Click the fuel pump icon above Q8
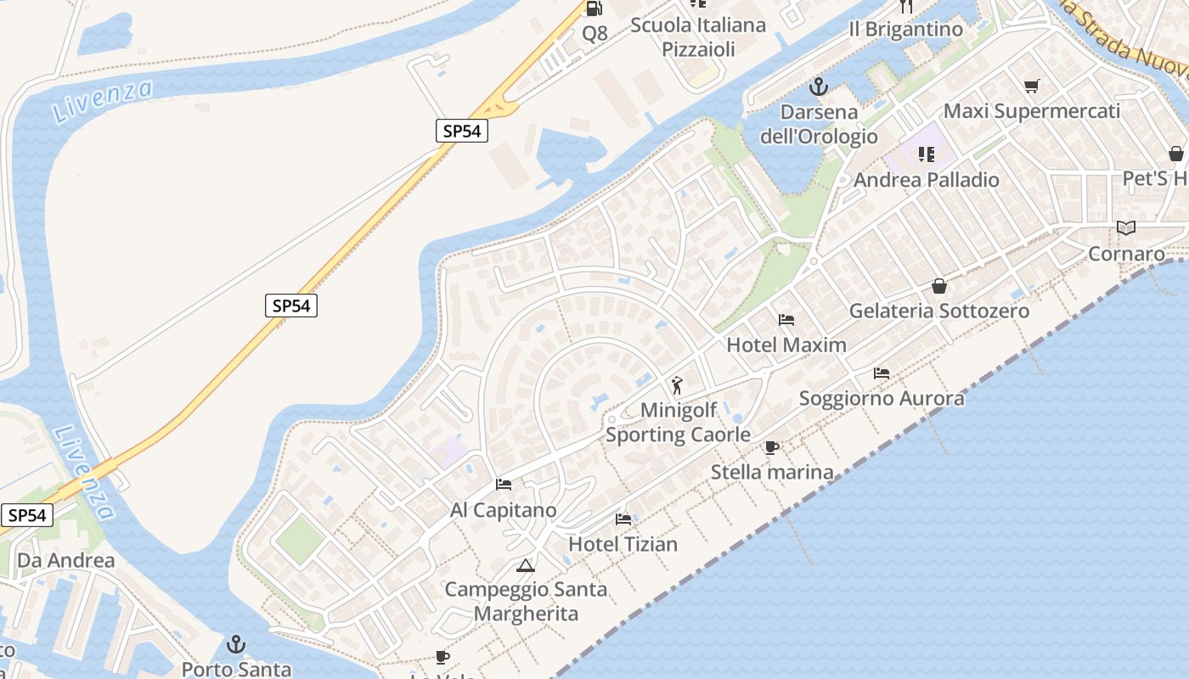pos(594,8)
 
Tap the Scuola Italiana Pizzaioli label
pos(698,37)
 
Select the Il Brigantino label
pos(906,30)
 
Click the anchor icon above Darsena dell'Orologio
pos(819,86)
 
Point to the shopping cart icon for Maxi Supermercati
pos(1032,86)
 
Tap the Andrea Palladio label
pos(927,180)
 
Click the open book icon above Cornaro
pos(1126,227)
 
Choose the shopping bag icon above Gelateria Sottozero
pos(939,286)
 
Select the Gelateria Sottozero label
pos(939,311)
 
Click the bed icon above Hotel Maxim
pos(786,320)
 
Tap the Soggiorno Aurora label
pos(882,398)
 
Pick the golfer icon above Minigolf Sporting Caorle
pos(677,386)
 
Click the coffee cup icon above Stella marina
pos(771,447)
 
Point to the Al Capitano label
pos(504,510)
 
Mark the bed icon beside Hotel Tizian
pos(623,519)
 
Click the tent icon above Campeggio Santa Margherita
pos(526,565)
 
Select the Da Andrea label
pos(66,560)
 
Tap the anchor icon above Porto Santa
pos(236,645)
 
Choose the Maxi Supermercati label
pos(1032,111)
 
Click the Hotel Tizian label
pos(623,544)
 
